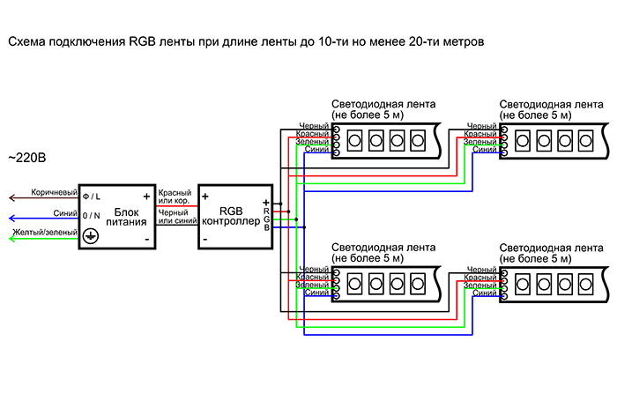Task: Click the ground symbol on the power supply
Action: click(89, 236)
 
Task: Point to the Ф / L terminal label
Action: click(92, 197)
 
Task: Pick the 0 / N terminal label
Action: click(92, 216)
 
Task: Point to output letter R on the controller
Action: click(266, 211)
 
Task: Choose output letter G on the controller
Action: click(266, 219)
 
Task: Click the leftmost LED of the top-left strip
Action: click(355, 139)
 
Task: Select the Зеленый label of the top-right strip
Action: click(480, 142)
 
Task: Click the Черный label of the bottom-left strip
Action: click(314, 269)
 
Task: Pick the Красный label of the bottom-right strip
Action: click(481, 278)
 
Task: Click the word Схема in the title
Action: click(27, 41)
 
